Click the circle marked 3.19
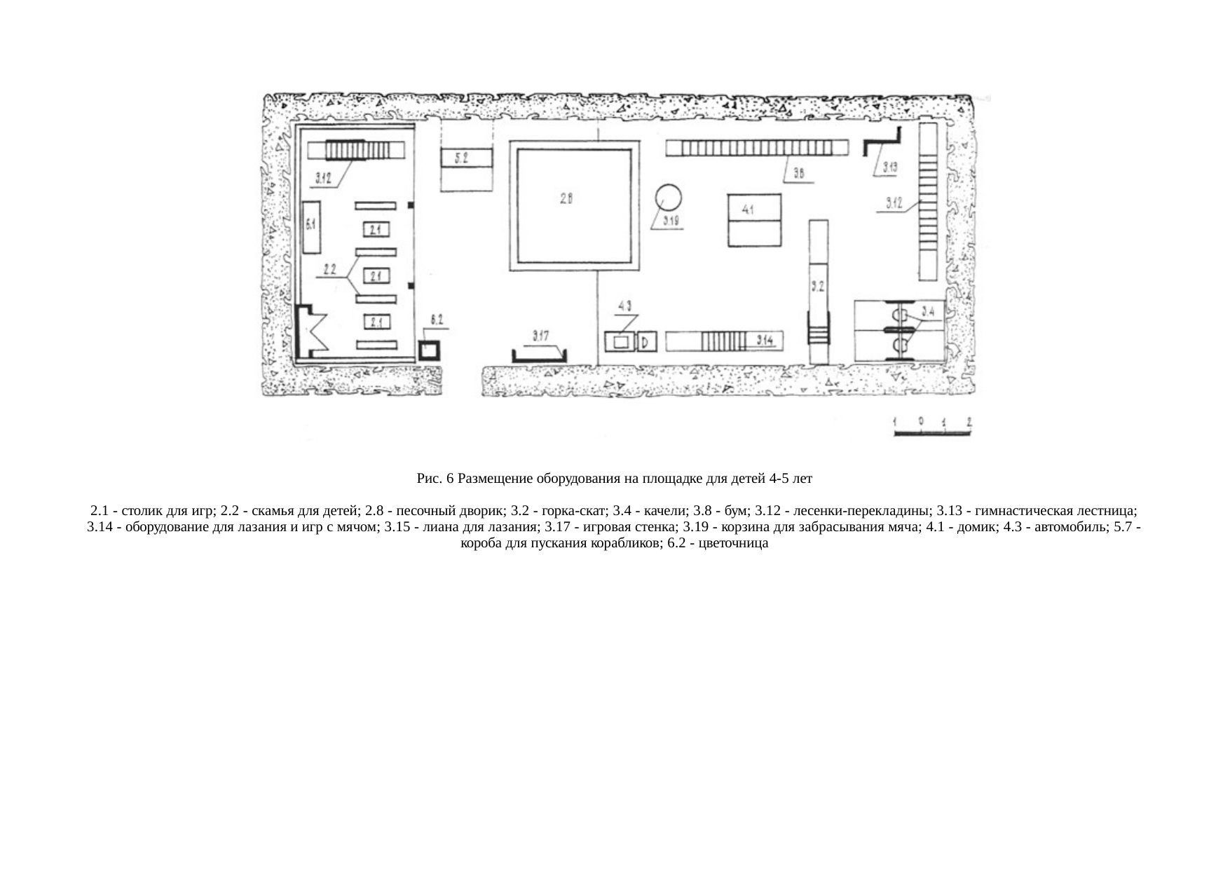[x=669, y=198]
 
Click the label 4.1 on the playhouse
[x=748, y=210]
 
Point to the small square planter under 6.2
[x=428, y=350]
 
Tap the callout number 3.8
[x=800, y=173]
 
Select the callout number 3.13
[x=890, y=167]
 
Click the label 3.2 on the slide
[x=818, y=287]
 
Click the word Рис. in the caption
[x=427, y=479]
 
